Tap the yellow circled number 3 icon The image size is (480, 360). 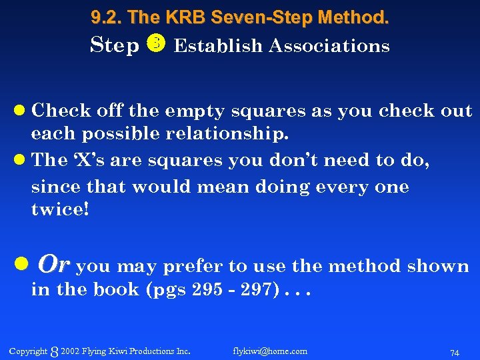tap(155, 45)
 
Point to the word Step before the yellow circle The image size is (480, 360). tap(114, 46)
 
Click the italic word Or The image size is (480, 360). tap(53, 265)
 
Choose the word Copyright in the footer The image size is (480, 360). tap(29, 351)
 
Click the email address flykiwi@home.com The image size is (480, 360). tap(270, 351)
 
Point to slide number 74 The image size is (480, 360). tap(455, 351)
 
